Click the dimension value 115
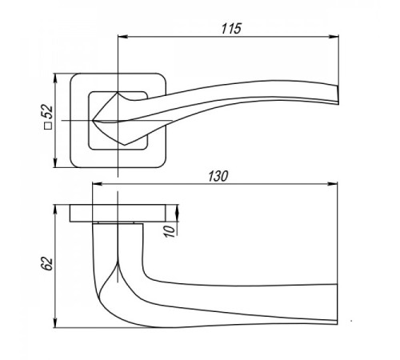tap(231, 29)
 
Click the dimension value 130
tap(218, 176)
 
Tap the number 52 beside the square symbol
tap(48, 112)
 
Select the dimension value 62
tap(47, 264)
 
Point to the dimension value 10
tap(169, 231)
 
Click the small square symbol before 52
tap(48, 126)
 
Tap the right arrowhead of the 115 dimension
tap(334, 37)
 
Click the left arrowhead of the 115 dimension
tap(122, 37)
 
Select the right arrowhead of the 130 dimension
tap(333, 184)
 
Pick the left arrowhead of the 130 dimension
tap(97, 184)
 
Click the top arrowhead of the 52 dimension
tap(55, 78)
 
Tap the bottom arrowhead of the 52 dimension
tap(55, 162)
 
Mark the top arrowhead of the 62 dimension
tap(55, 210)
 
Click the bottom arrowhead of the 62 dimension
tap(55, 322)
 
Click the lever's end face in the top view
tap(337, 94)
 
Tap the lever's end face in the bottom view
tap(337, 304)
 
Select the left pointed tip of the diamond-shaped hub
tap(93, 121)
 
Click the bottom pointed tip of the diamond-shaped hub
tap(124, 145)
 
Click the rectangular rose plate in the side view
tap(118, 213)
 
